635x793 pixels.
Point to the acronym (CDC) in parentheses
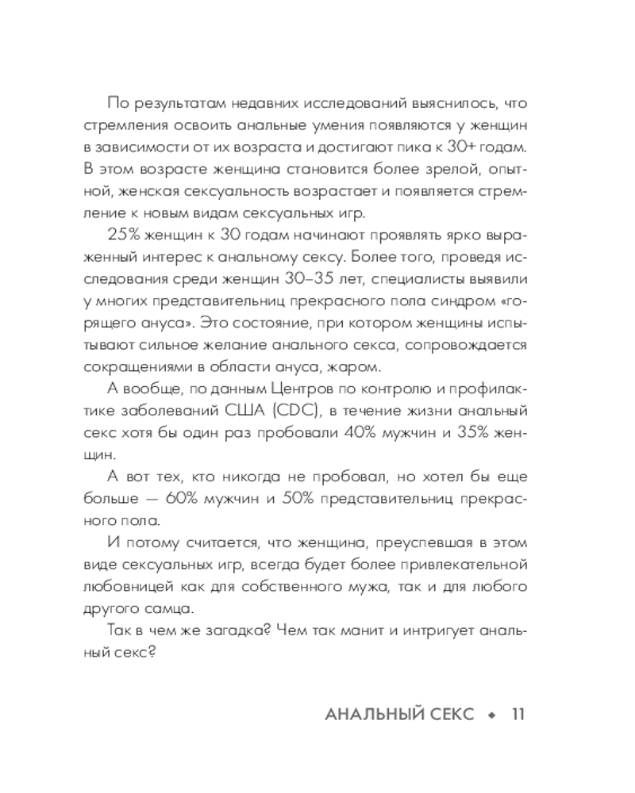coord(305,410)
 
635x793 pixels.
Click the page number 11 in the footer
coord(518,714)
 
